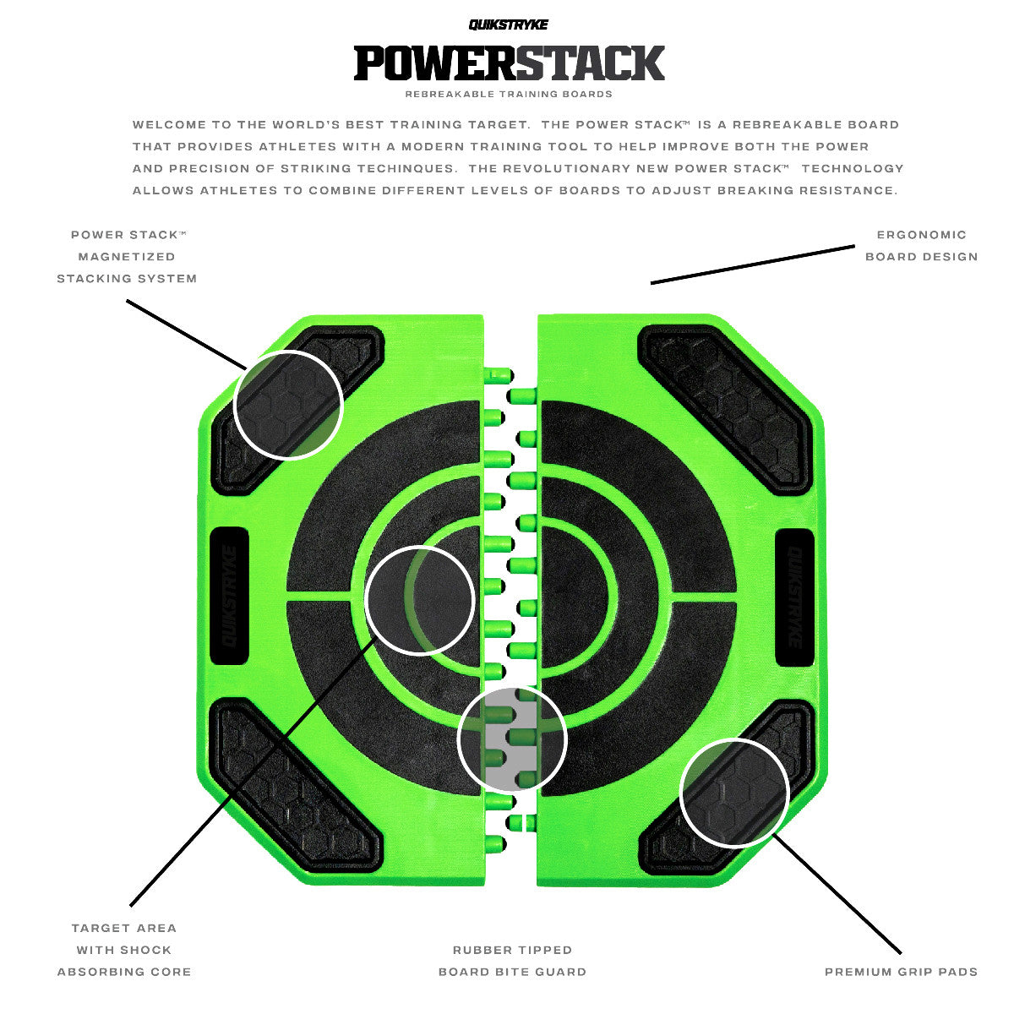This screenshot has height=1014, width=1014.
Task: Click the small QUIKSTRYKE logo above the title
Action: tap(509, 25)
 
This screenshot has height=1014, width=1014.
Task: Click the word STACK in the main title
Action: tap(589, 63)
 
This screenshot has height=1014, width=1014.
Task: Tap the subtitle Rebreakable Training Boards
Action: tap(509, 94)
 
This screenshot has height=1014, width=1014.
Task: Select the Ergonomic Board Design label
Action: tap(921, 246)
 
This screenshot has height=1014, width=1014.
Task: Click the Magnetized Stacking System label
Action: tap(127, 257)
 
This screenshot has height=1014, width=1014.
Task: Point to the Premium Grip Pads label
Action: tap(901, 972)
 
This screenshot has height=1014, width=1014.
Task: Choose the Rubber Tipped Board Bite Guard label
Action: tap(512, 961)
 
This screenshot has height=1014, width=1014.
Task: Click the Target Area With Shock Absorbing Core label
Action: tap(124, 950)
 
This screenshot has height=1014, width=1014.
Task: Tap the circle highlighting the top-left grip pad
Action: tap(287, 405)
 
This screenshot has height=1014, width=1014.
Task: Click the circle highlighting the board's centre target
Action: tap(420, 600)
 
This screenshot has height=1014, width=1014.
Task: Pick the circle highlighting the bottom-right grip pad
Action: tap(734, 792)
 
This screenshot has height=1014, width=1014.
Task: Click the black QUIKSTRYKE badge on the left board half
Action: tap(228, 597)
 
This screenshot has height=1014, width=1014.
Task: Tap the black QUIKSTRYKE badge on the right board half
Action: tap(794, 597)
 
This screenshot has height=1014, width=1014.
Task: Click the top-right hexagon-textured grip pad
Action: tap(725, 406)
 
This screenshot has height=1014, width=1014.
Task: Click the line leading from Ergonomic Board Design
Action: tap(752, 264)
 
